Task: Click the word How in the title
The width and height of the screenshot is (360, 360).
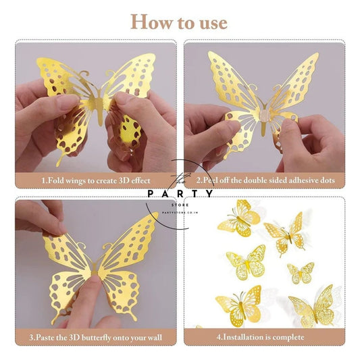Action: (x=149, y=22)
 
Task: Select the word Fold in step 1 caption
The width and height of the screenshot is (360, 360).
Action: (x=55, y=181)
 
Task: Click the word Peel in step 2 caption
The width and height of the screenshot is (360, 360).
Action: (x=215, y=181)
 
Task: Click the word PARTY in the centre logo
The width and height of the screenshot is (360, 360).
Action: (x=180, y=195)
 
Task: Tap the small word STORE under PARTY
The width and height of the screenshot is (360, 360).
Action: (x=180, y=205)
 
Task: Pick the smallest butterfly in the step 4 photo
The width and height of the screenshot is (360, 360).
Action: (x=300, y=273)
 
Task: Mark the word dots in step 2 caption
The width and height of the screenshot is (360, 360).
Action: (x=324, y=181)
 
